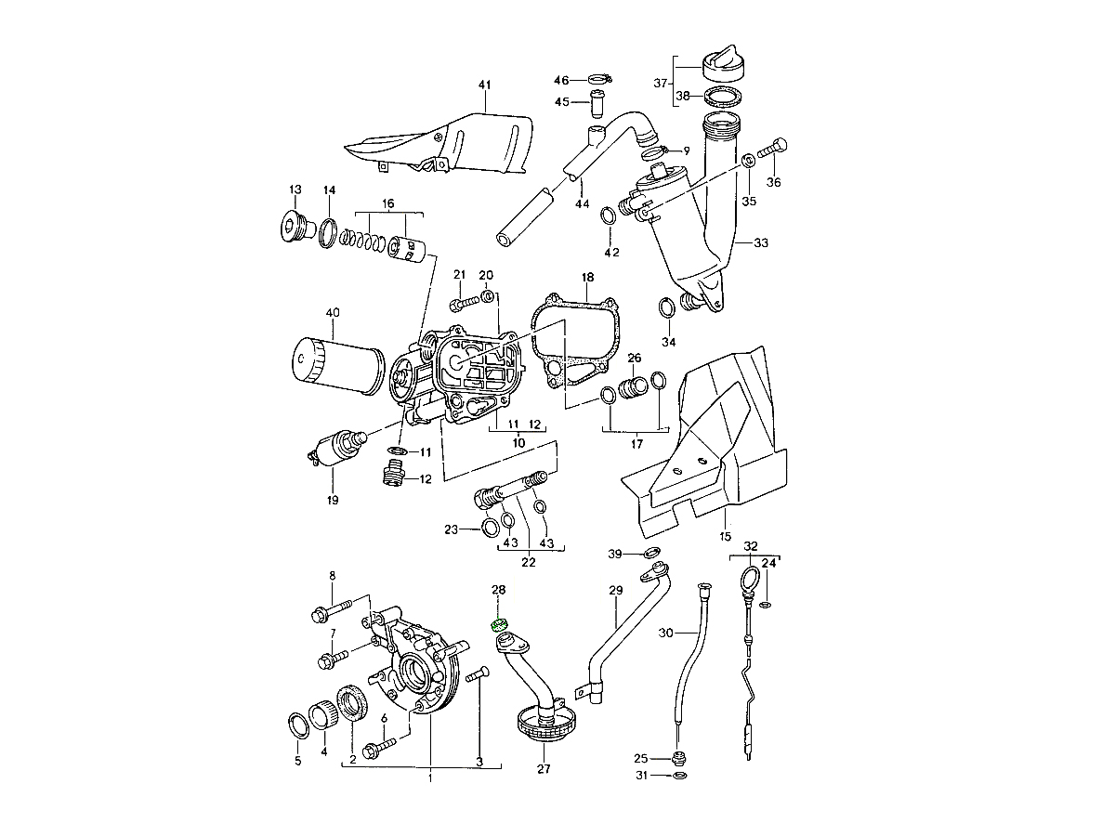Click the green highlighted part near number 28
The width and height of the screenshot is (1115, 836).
coord(498,623)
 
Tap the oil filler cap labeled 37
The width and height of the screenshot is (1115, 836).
coord(724,66)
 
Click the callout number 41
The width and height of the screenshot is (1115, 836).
coord(484,85)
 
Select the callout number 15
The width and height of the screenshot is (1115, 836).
coord(725,537)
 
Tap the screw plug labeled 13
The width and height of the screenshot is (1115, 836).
coord(295,227)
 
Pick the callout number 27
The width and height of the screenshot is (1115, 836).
coord(544,768)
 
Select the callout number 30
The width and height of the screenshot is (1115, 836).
coord(664,633)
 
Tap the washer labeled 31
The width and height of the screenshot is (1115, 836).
coord(678,775)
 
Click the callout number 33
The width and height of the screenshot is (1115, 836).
coord(761,242)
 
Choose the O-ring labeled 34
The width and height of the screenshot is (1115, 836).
coord(666,307)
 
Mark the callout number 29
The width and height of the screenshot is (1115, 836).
coord(615,591)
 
